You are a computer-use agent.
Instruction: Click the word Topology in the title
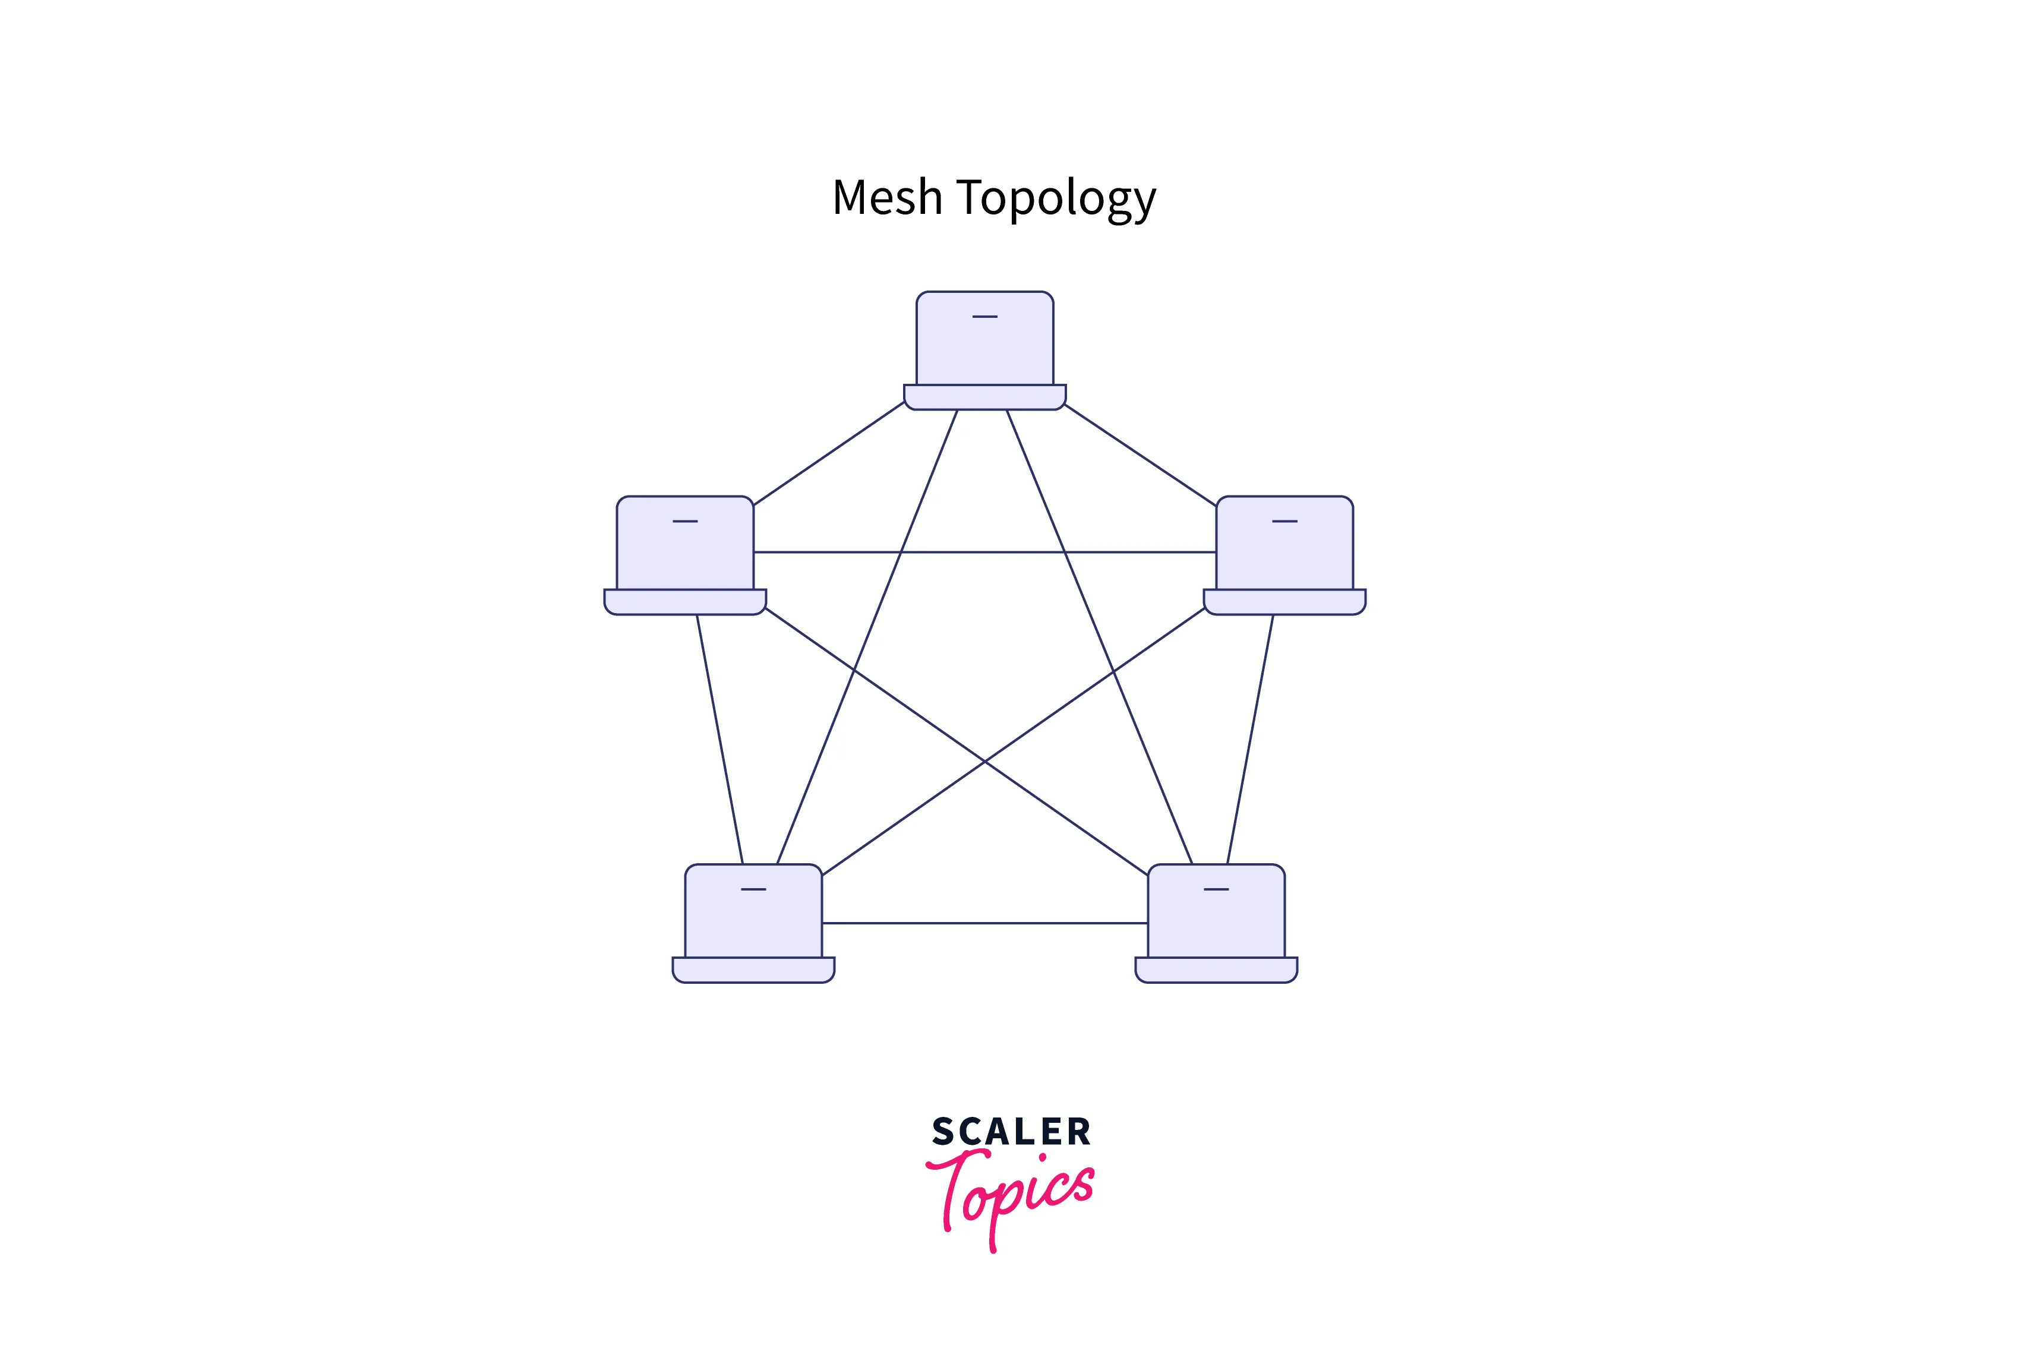1056,200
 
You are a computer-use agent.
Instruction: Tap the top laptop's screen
985,338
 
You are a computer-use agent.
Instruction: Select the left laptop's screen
685,543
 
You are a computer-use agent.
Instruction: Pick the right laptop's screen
1284,543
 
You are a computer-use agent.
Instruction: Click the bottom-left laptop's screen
753,911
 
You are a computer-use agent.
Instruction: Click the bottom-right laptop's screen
1216,911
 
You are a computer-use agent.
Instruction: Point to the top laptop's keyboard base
985,397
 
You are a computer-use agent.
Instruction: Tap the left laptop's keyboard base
685,602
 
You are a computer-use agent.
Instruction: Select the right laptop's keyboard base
1284,602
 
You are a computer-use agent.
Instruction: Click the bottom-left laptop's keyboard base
753,970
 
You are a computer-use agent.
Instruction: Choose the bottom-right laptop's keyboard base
1216,970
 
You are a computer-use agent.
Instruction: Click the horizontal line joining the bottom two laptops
985,923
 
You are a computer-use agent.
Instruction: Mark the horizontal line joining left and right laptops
985,552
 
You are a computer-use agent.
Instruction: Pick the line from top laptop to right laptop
1140,454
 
